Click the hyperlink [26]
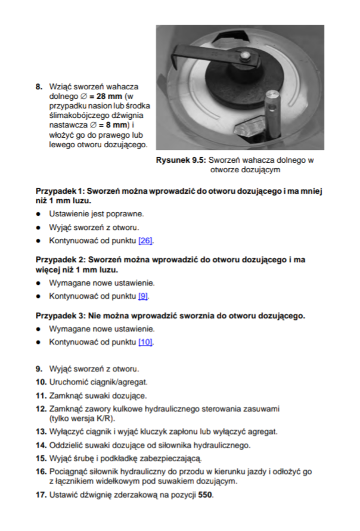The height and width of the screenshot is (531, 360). (146, 241)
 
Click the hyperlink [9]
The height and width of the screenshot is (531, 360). (143, 296)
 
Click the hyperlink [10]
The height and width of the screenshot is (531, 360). (145, 342)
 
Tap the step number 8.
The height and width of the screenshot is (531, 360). (40, 86)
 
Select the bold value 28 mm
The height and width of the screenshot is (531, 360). (109, 95)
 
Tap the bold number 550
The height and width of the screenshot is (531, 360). (205, 495)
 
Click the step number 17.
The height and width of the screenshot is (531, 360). (41, 495)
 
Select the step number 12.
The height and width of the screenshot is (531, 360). (41, 409)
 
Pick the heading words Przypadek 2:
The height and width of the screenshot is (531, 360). (60, 260)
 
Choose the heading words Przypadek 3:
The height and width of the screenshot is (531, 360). (60, 315)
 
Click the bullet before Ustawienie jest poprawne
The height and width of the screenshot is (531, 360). (38, 213)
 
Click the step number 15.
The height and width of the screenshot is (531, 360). (41, 458)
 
